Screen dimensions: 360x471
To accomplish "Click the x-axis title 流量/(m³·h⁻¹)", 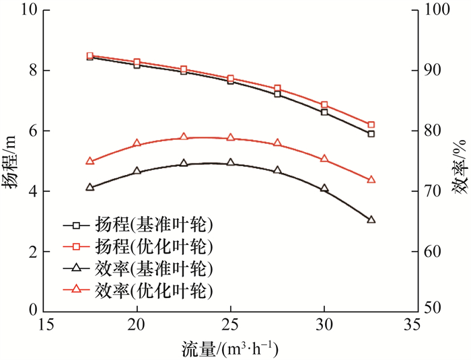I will click(229, 349).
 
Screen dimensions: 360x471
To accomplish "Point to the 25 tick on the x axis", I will click(230, 325).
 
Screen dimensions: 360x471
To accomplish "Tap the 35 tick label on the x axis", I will click(416, 325).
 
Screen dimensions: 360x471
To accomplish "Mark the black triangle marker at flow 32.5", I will click(371, 219).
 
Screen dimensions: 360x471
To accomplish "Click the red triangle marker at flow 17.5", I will click(90, 161).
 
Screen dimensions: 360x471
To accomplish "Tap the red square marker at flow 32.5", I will click(371, 124).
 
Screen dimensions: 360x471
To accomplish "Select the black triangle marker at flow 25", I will click(230, 163).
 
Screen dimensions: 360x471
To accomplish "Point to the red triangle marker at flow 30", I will click(324, 159).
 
